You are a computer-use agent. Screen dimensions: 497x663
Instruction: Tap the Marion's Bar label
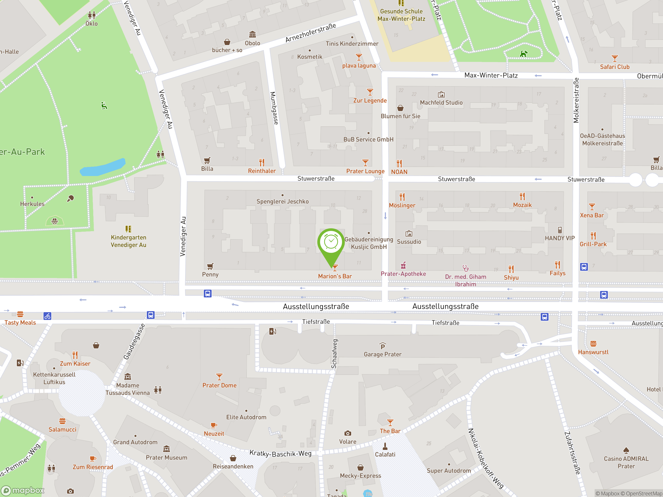tap(335, 276)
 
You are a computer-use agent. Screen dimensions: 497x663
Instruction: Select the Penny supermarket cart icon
tap(210, 266)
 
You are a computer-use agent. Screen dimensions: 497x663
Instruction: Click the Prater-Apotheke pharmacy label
tap(403, 274)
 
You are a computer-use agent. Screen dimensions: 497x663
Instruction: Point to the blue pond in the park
tap(103, 167)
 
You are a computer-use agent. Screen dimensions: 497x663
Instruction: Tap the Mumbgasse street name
tap(274, 108)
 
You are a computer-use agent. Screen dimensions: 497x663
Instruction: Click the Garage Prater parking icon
tap(383, 346)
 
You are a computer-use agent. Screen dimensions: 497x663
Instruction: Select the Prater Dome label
tap(219, 385)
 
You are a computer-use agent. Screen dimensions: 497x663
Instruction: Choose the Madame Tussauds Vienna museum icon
tap(128, 377)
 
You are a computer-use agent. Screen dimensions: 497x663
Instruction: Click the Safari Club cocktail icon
tap(615, 58)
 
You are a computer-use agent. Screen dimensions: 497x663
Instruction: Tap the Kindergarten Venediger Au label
tap(128, 241)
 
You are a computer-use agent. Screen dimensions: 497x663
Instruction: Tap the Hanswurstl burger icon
tap(593, 343)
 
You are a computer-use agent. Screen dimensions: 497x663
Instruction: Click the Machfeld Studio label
tap(441, 103)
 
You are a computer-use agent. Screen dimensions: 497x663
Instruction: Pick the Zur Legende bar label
tap(370, 101)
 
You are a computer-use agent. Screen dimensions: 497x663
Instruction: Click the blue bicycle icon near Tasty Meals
tap(47, 316)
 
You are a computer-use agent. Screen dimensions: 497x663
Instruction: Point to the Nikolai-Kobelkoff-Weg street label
tap(485, 458)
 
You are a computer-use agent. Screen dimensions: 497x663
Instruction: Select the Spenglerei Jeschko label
tap(282, 201)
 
